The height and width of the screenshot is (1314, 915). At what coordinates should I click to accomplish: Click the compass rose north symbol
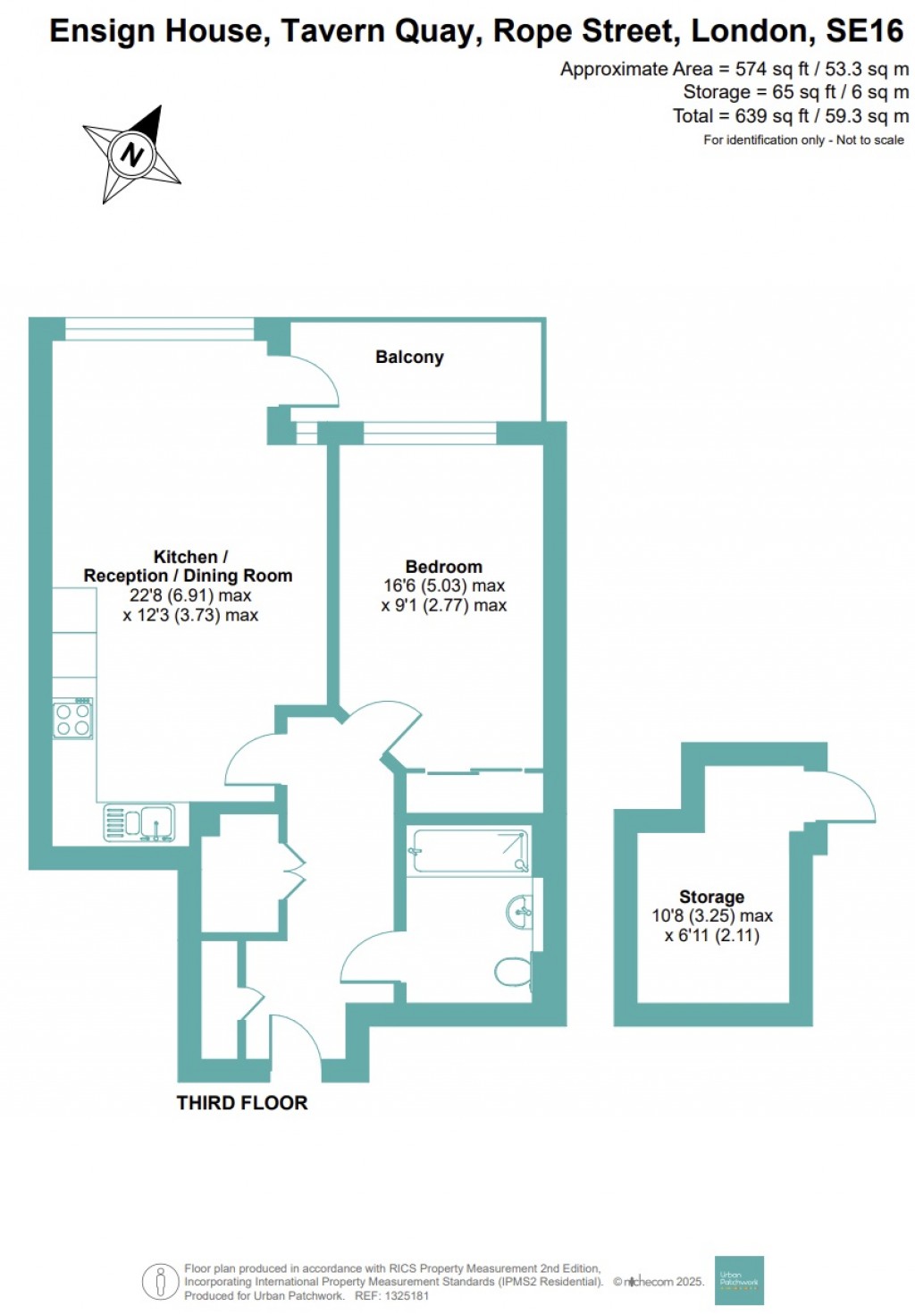pyautogui.click(x=132, y=154)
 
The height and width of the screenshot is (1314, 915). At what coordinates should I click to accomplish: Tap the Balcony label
pyautogui.click(x=409, y=357)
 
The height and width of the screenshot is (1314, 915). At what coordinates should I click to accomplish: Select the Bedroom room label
pyautogui.click(x=443, y=567)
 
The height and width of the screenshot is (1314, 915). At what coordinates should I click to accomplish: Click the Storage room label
pyautogui.click(x=711, y=897)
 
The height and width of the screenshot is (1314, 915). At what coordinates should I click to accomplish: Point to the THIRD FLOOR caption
pyautogui.click(x=242, y=1102)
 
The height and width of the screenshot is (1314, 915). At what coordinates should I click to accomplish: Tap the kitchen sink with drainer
pyautogui.click(x=140, y=823)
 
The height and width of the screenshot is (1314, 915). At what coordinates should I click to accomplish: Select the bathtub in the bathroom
pyautogui.click(x=468, y=851)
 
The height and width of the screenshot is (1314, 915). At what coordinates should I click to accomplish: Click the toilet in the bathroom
pyautogui.click(x=514, y=972)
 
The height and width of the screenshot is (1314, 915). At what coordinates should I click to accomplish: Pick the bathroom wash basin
pyautogui.click(x=520, y=913)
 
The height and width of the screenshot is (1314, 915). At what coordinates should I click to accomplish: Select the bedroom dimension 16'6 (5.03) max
pyautogui.click(x=444, y=586)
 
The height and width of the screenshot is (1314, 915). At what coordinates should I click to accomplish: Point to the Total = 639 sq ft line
pyautogui.click(x=791, y=116)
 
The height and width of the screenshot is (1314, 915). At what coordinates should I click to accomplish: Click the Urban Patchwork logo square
pyautogui.click(x=739, y=1280)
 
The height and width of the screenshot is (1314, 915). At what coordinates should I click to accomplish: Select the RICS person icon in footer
pyautogui.click(x=160, y=1282)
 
